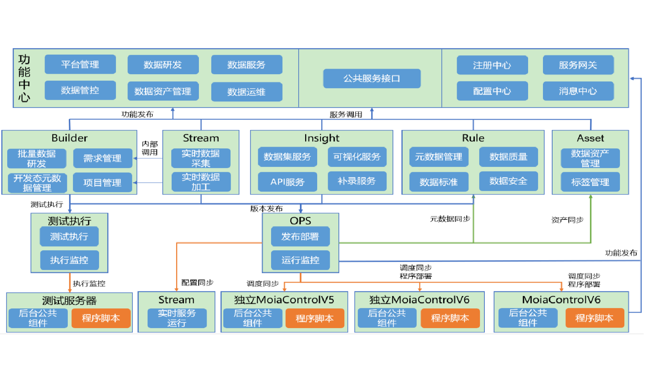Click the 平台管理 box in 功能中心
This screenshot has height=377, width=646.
(x=80, y=65)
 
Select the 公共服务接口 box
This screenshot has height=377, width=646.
(x=372, y=79)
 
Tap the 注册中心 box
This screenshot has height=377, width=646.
(x=492, y=65)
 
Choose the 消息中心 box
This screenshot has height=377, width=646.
(x=578, y=91)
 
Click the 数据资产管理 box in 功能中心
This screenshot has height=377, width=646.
(x=163, y=91)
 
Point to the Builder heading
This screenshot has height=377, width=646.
(x=69, y=138)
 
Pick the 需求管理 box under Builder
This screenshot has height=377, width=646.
(x=102, y=158)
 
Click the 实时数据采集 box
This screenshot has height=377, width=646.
(x=200, y=158)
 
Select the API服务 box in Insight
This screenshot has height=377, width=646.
(x=287, y=182)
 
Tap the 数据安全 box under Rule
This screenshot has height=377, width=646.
(x=508, y=181)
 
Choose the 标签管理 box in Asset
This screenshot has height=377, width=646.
(x=590, y=182)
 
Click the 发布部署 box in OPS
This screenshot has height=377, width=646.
(x=300, y=237)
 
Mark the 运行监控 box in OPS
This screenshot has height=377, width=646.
(x=300, y=260)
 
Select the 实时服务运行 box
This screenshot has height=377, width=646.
(x=176, y=318)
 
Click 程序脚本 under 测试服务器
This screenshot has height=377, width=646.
(x=101, y=318)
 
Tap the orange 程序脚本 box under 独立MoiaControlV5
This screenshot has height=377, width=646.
(x=314, y=318)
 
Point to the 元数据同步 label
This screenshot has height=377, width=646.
(x=450, y=219)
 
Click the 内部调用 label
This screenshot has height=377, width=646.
(x=150, y=148)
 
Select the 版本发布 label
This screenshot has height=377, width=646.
(x=266, y=209)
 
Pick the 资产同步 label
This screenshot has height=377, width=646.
(x=567, y=220)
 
